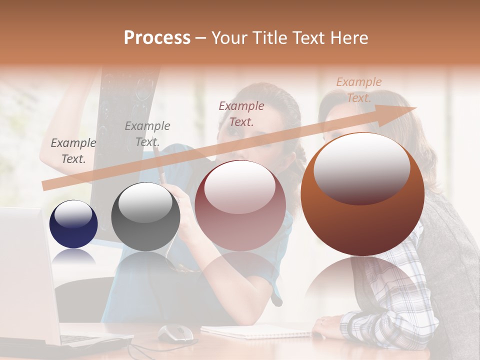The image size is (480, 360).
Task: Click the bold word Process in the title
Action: coord(157,38)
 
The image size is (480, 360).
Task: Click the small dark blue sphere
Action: coord(73,224)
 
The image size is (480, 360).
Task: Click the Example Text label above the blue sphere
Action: coord(73,151)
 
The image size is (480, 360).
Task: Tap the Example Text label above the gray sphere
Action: coord(147,134)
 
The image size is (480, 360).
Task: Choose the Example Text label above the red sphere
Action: coord(241,113)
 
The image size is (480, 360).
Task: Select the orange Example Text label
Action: coord(358,90)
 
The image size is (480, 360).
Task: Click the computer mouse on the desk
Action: coord(175,332)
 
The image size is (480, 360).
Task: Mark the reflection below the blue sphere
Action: coord(73,257)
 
